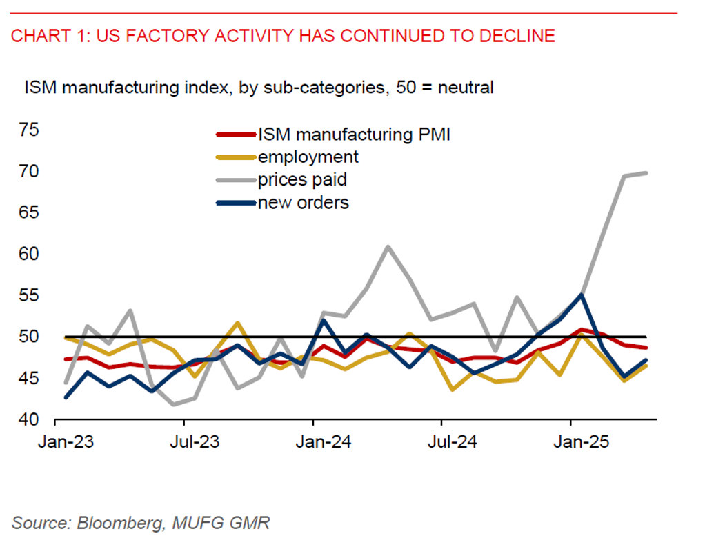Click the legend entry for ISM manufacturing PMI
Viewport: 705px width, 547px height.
353,134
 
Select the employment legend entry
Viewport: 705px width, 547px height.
308,157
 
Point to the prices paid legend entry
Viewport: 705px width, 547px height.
301,180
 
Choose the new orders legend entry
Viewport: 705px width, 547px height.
303,203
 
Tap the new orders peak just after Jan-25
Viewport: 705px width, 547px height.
582,295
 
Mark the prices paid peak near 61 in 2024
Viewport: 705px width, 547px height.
388,246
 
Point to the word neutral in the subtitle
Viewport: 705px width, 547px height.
466,88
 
